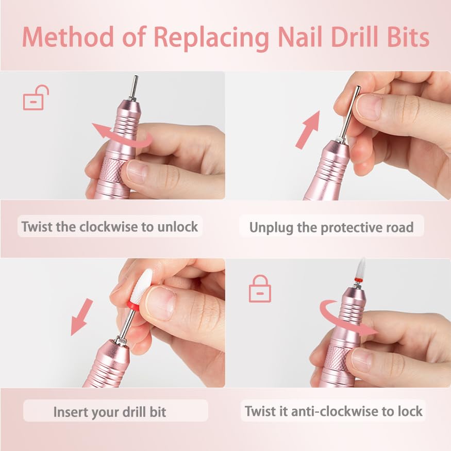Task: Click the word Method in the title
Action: pyautogui.click(x=68, y=37)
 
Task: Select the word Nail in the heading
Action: pyautogui.click(x=299, y=37)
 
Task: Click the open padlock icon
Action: pyautogui.click(x=36, y=97)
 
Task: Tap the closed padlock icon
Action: pyautogui.click(x=260, y=289)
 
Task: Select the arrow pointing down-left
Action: pyautogui.click(x=81, y=317)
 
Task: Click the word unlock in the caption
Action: pyautogui.click(x=177, y=227)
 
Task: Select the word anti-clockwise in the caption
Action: pyautogui.click(x=335, y=411)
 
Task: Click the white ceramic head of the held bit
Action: pyautogui.click(x=141, y=285)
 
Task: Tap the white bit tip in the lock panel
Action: pyautogui.click(x=361, y=268)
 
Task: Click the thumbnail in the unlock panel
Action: pyautogui.click(x=138, y=172)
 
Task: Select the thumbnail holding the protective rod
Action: pyautogui.click(x=369, y=107)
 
